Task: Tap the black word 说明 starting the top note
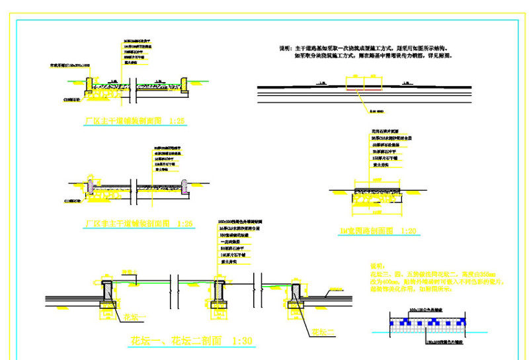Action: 286,49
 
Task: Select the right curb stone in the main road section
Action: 186,85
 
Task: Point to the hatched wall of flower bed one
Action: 108,291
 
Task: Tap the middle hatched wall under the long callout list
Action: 218,291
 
